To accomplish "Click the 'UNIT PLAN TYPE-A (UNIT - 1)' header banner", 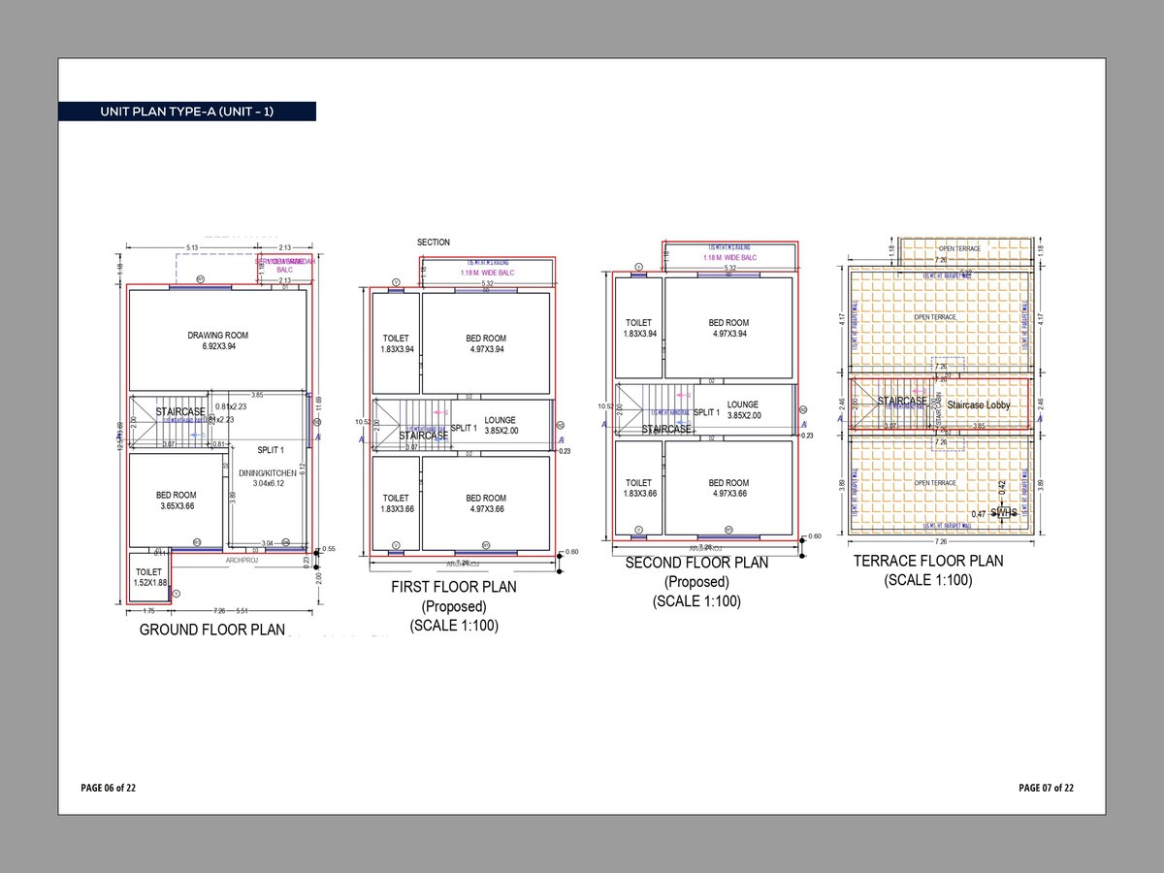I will (x=186, y=112).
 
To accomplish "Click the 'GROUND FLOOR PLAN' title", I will (x=212, y=630).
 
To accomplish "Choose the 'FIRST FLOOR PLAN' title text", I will (x=453, y=587).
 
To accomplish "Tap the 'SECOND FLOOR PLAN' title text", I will (x=696, y=563).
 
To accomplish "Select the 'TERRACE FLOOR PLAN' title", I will (x=928, y=561).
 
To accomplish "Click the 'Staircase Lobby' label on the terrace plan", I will (x=979, y=404).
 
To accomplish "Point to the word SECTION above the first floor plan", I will (x=434, y=242).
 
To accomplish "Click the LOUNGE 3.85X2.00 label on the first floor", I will (x=501, y=425).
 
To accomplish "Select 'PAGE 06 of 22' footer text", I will (x=109, y=788).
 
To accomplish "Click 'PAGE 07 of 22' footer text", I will (x=1046, y=788).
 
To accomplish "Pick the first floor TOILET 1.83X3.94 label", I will (x=397, y=343).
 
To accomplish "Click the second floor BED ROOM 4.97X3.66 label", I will (x=728, y=488).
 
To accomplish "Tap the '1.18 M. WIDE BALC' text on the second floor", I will (x=728, y=257).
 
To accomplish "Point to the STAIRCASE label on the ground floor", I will (x=180, y=411).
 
